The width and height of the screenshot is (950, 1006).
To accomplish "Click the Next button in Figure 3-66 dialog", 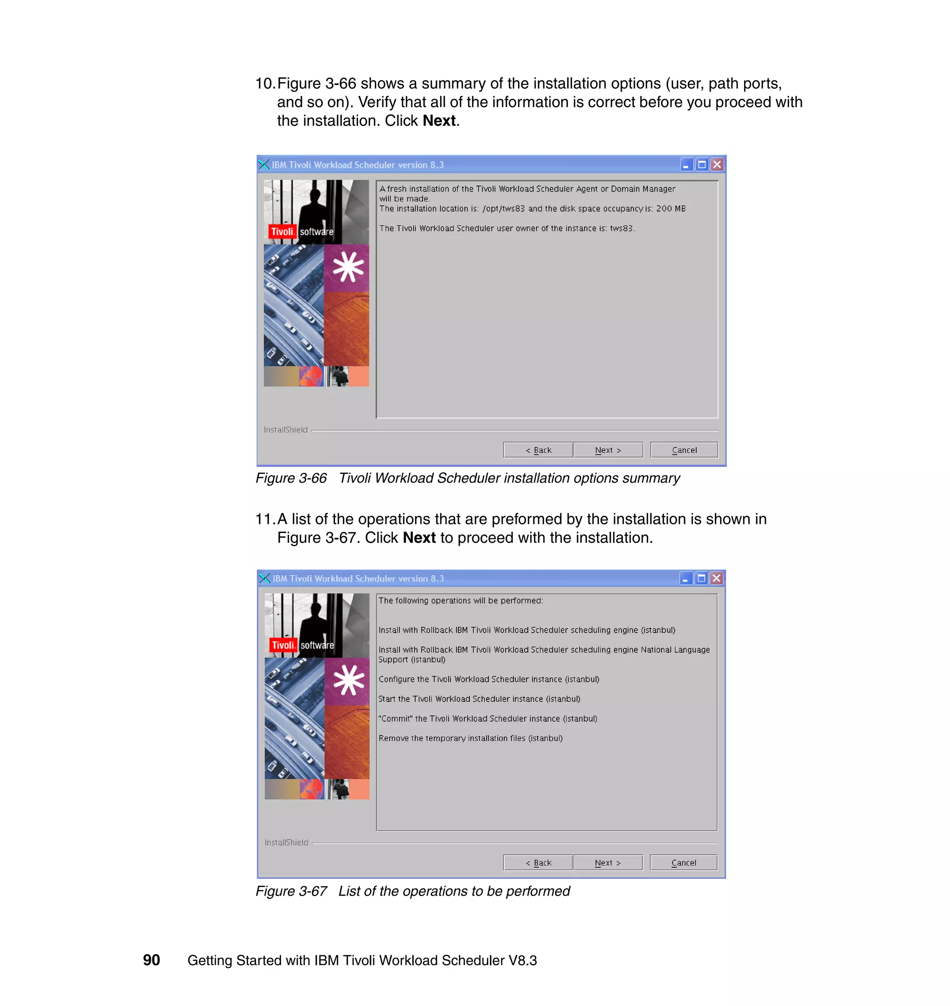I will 608,450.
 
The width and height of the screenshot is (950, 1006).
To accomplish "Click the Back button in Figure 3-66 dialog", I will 538,450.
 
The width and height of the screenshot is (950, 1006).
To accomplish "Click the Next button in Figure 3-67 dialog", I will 607,863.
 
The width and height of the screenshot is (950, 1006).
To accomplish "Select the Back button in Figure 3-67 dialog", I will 538,863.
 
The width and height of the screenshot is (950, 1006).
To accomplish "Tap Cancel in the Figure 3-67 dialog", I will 683,863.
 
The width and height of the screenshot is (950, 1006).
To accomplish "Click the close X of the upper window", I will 717,165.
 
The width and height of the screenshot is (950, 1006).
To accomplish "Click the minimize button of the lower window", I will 685,579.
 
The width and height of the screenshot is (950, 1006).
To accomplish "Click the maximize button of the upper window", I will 701,165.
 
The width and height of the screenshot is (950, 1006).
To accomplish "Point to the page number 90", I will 151,960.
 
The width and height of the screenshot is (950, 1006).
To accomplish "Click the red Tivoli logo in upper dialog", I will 282,232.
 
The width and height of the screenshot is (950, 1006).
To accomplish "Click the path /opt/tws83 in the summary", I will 503,209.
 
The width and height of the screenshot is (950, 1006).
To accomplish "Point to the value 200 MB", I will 670,209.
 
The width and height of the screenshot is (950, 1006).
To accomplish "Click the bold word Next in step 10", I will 439,121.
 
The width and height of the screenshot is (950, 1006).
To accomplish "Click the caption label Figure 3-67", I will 291,891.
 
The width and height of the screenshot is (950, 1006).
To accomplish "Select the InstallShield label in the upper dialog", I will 285,430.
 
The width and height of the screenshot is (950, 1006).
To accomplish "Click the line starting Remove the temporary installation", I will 470,739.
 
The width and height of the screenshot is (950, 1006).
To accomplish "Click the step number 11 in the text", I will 264,519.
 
